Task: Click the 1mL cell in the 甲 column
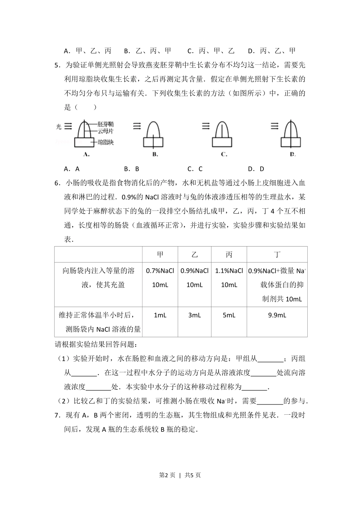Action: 160,315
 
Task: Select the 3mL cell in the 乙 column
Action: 194,315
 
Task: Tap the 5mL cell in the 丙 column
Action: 229,315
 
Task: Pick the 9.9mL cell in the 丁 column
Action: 277,315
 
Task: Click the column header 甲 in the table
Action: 160,254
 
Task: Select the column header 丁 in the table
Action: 277,254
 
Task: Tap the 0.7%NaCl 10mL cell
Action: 160,278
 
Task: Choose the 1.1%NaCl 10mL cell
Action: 229,278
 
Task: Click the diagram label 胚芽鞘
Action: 105,124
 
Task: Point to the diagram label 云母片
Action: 105,131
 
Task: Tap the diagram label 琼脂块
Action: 106,142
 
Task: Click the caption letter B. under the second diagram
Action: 155,154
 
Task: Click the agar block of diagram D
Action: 291,142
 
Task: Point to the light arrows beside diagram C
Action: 206,126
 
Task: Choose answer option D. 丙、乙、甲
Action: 272,51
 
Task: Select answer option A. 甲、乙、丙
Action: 88,51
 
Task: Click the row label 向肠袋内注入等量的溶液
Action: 99,278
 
